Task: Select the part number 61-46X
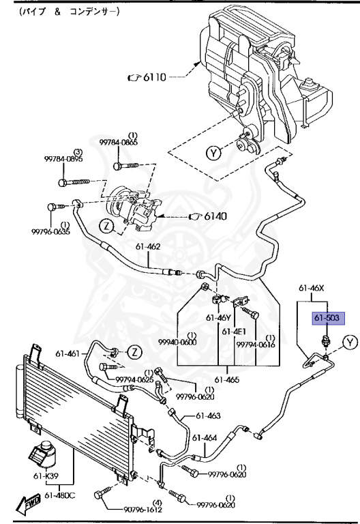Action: (314, 289)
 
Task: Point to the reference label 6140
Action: (213, 216)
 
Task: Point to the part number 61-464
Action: (204, 438)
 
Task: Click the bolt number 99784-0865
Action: (118, 142)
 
